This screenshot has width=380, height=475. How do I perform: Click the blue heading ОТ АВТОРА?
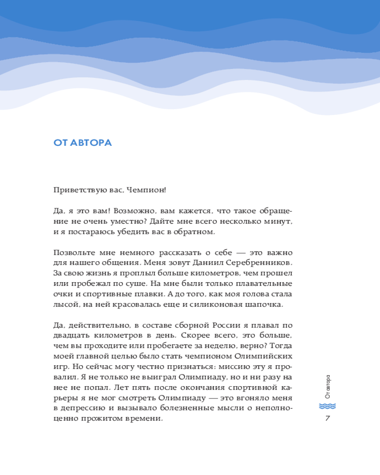83,142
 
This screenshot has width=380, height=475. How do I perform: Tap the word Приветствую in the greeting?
76,190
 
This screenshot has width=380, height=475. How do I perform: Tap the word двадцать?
69,336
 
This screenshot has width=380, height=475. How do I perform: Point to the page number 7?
327,418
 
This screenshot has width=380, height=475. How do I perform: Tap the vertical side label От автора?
328,387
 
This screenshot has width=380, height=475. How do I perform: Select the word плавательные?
264,284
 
